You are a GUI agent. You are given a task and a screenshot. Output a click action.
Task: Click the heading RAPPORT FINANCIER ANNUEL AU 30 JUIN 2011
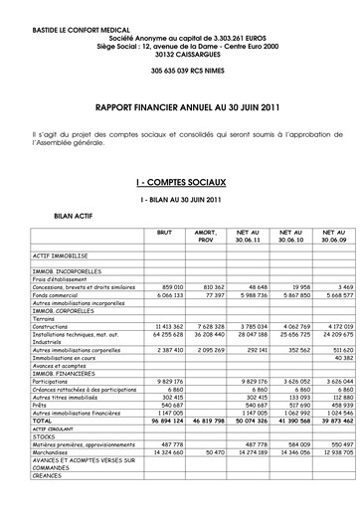tap(179, 103)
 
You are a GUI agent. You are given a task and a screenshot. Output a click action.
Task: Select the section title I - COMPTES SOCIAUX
tap(179, 185)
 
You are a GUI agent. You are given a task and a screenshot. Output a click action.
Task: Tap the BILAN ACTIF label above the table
tap(73, 214)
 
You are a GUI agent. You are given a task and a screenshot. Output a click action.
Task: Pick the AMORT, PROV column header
tap(207, 235)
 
